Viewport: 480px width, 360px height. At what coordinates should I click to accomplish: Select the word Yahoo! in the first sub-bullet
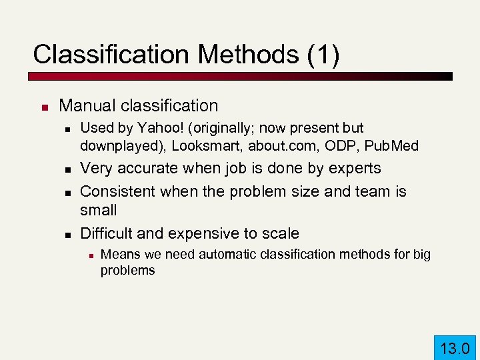point(155,127)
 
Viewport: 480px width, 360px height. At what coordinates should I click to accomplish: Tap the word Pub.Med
point(397,145)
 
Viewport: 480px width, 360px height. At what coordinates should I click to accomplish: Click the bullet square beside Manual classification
point(44,107)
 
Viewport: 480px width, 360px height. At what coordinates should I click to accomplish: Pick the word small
point(98,210)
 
